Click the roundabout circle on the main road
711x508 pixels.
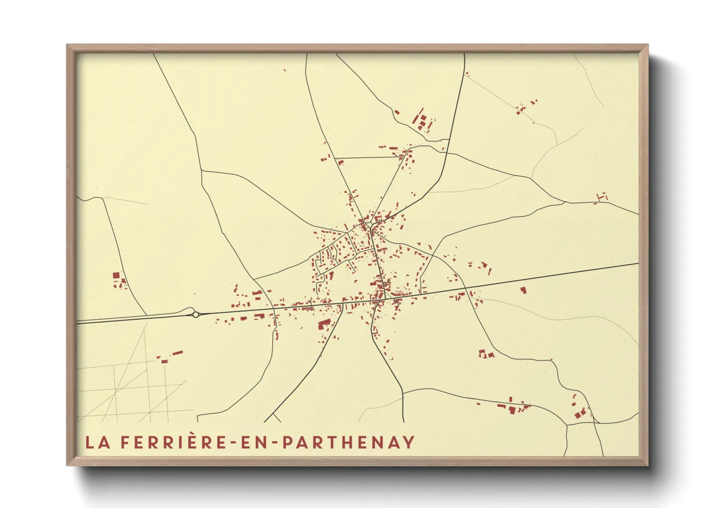(196, 314)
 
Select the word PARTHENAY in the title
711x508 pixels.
(348, 442)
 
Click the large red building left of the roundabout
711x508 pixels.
(116, 275)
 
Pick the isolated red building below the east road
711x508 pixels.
(523, 290)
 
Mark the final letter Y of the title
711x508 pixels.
(409, 442)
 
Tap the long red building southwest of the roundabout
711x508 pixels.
(178, 353)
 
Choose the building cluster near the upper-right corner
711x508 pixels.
(524, 108)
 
